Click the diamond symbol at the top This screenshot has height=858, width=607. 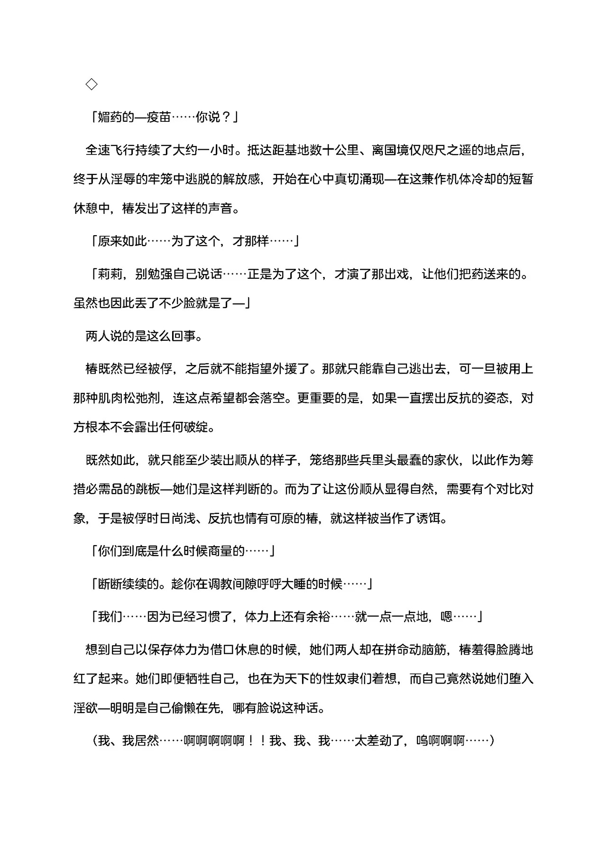click(92, 84)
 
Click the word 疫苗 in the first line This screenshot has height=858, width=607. click(158, 117)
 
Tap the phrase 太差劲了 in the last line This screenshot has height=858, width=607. click(379, 740)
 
